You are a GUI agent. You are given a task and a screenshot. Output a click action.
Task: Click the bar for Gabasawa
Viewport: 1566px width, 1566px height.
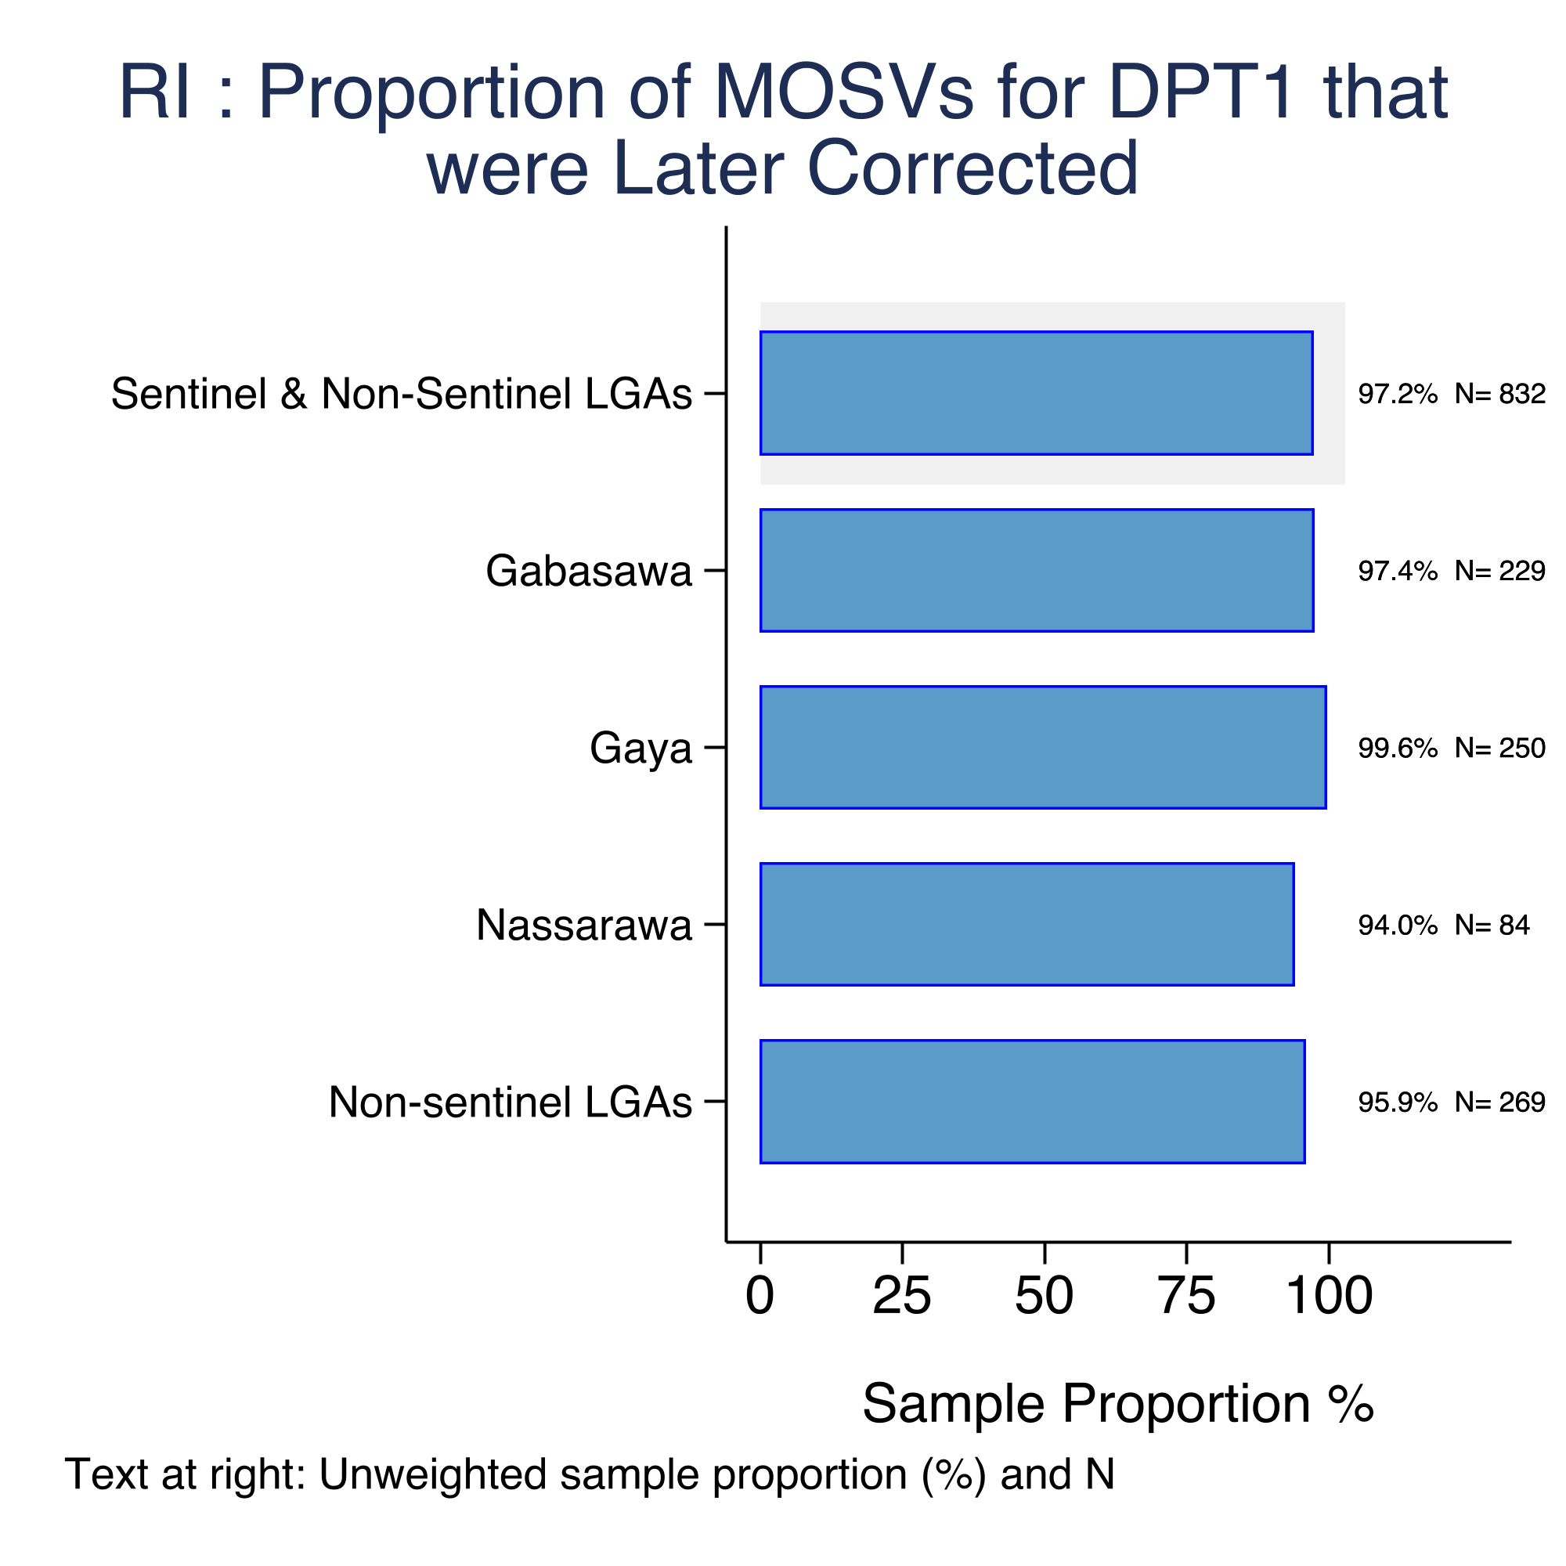click(1037, 571)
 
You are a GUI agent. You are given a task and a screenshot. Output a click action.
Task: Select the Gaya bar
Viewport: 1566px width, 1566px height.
click(1043, 747)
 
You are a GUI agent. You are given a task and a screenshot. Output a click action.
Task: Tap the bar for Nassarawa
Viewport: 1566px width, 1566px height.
click(1027, 924)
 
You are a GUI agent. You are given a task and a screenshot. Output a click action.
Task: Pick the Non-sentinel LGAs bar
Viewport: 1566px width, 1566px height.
click(1033, 1102)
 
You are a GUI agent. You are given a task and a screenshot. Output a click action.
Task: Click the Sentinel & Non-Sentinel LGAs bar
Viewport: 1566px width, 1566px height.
click(1037, 393)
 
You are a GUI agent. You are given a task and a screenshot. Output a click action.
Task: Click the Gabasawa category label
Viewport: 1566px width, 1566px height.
click(590, 571)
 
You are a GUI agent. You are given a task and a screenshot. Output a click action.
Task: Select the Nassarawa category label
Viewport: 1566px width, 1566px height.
click(584, 925)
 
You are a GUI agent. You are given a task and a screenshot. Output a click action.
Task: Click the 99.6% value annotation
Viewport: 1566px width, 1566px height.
click(1398, 747)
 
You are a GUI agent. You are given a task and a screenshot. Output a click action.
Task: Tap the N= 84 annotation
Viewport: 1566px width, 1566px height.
click(1492, 925)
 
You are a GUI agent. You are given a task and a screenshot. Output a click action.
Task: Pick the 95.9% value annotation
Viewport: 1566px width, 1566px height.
click(1398, 1102)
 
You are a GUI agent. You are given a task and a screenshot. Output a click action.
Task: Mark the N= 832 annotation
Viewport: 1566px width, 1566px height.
click(1500, 394)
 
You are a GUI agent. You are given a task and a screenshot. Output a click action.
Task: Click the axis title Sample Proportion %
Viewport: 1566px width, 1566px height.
click(1119, 1403)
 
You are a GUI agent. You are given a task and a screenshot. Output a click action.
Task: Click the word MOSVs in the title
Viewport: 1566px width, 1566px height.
click(845, 93)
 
